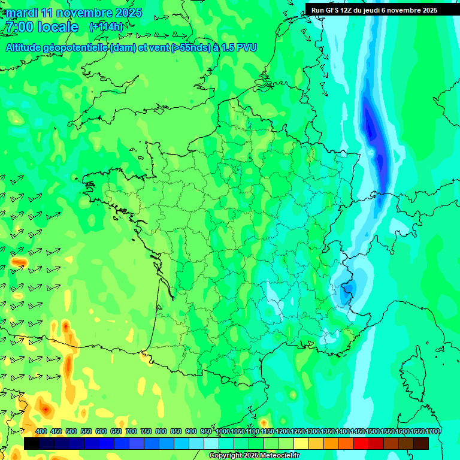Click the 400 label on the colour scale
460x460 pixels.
[41, 432]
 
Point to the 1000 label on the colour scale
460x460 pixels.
[222, 432]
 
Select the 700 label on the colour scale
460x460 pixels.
[131, 432]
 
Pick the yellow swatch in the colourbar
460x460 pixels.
[301, 443]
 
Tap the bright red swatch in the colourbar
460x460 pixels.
[361, 443]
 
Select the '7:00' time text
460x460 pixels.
[19, 27]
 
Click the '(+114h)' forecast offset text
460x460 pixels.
[106, 27]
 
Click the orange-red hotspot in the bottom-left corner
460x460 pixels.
[45, 409]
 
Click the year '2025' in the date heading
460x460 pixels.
[128, 13]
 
